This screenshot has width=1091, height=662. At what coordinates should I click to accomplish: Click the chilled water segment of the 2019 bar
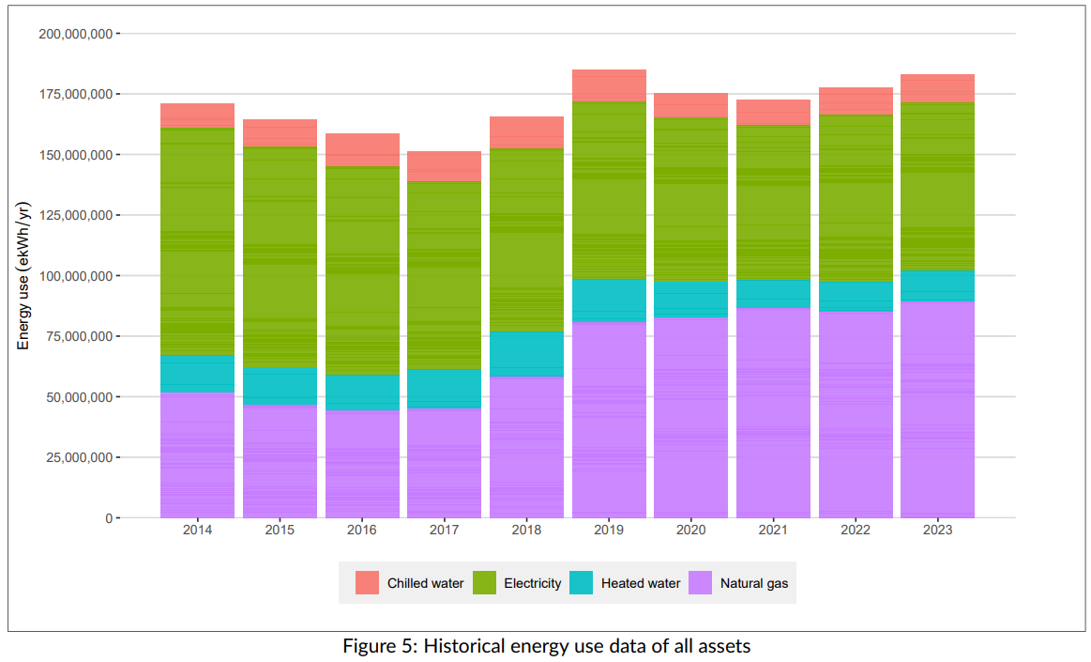click(609, 85)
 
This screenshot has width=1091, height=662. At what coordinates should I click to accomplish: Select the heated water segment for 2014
click(197, 374)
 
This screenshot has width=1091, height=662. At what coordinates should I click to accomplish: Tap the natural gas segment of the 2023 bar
click(937, 409)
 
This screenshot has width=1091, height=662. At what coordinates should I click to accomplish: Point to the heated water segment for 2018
click(526, 354)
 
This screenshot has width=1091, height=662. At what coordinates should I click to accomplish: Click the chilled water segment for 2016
click(362, 150)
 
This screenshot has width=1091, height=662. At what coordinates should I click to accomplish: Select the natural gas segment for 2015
click(280, 461)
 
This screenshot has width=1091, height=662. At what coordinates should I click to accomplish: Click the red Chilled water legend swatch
click(367, 583)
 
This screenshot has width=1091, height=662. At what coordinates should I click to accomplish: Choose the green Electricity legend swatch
click(484, 583)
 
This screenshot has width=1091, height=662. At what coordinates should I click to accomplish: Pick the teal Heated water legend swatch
click(582, 583)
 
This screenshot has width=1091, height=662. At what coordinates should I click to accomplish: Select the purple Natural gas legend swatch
click(700, 583)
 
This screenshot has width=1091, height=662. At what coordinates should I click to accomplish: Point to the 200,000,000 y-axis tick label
click(76, 34)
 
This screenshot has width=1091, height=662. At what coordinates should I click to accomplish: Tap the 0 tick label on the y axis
click(109, 518)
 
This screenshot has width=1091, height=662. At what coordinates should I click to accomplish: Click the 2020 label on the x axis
click(690, 531)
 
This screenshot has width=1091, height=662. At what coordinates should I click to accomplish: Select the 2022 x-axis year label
click(855, 531)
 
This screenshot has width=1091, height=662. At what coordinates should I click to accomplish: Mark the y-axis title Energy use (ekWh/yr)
click(24, 275)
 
